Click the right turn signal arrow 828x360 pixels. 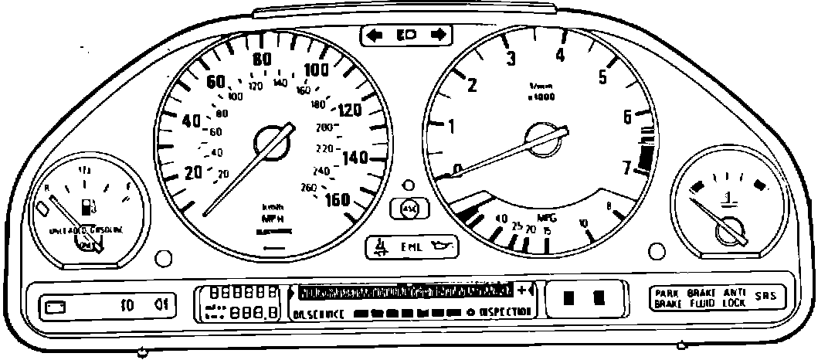[x=439, y=35]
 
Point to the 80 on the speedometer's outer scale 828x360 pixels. [x=262, y=59]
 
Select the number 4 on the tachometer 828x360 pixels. [x=560, y=55]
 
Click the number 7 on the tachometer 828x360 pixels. [x=627, y=166]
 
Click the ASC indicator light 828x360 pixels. [x=409, y=208]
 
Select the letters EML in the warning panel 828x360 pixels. [x=410, y=248]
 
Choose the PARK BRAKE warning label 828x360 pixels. [x=667, y=298]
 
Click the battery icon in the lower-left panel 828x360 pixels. [x=56, y=306]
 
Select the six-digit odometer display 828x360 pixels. [x=246, y=293]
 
